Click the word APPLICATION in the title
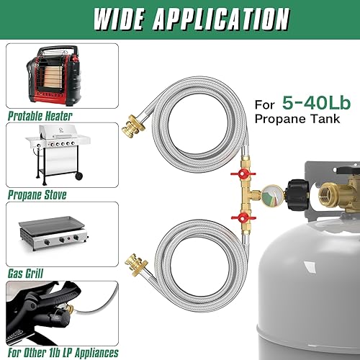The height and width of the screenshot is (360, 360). (215, 19)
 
